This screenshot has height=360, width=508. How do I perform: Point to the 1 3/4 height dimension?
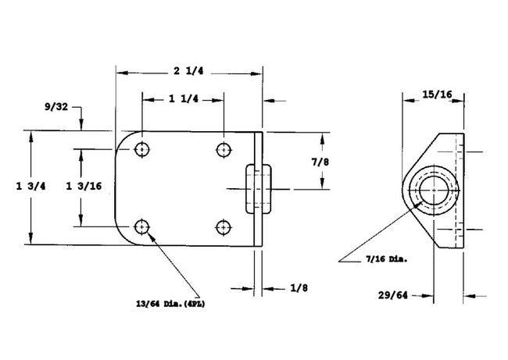pos(30,186)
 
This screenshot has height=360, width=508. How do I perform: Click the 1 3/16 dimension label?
pos(82,186)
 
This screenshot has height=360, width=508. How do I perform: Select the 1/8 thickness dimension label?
pos(297,287)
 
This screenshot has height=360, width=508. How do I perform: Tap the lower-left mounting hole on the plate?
pos(141,226)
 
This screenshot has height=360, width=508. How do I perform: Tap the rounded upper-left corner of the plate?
pos(123,141)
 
